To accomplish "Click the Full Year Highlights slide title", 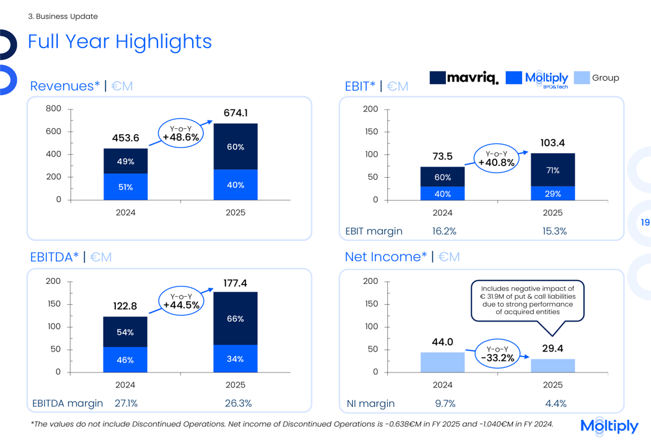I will tap(120, 42).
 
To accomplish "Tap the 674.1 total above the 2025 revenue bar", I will tap(236, 113).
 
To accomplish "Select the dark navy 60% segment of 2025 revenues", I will tap(236, 146).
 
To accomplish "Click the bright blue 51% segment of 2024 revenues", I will tap(126, 187).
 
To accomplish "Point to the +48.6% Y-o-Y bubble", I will tap(180, 133).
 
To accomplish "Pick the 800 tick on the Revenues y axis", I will tap(53, 109).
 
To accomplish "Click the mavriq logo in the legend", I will tap(464, 78).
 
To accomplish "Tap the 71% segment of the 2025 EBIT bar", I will tap(553, 170).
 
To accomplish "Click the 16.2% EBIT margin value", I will tap(444, 231).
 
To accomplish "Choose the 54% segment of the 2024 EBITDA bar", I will tap(126, 332).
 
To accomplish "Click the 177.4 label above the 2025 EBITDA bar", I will tap(236, 283).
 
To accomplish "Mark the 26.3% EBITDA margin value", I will tap(238, 404).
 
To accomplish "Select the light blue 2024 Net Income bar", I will tap(443, 362).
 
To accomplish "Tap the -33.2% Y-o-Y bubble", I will tap(498, 354).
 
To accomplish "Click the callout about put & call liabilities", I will tap(527, 300).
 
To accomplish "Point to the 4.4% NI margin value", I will tap(555, 404).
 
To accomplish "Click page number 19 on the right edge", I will tap(644, 223).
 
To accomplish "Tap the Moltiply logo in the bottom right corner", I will tap(609, 426).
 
